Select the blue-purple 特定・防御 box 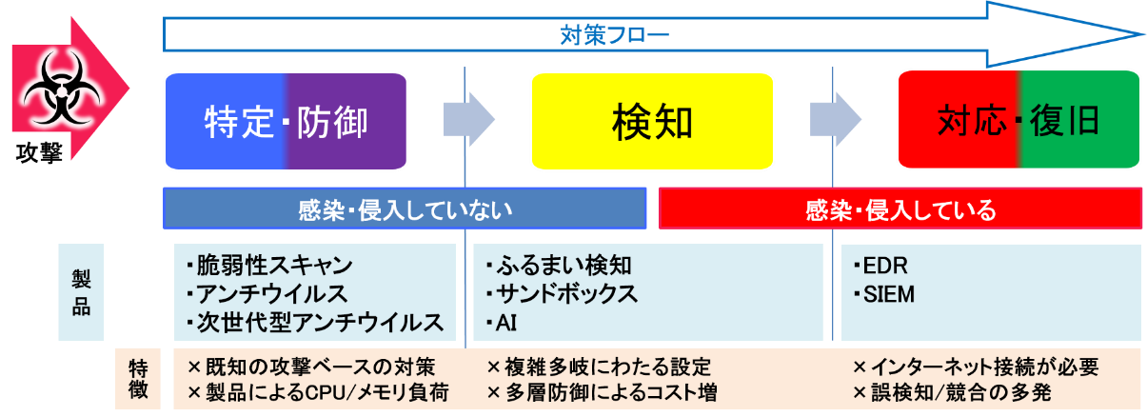(287, 121)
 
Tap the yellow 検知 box (651, 121)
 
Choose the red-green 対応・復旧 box (1018, 121)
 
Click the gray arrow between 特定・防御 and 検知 (469, 120)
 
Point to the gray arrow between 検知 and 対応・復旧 (836, 120)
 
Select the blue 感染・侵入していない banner (405, 208)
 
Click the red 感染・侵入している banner (900, 208)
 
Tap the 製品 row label (81, 292)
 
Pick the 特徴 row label (137, 378)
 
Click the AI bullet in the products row (504, 322)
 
